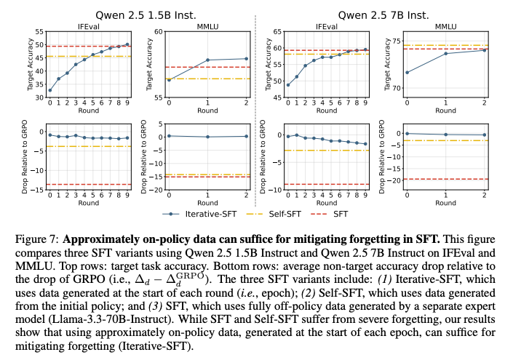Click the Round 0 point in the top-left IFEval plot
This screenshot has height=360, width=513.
[x=50, y=91]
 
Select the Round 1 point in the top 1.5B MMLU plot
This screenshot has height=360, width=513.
[x=207, y=60]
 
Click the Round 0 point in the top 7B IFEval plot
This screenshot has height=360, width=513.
[x=288, y=85]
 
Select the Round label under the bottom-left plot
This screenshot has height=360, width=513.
[x=89, y=203]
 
